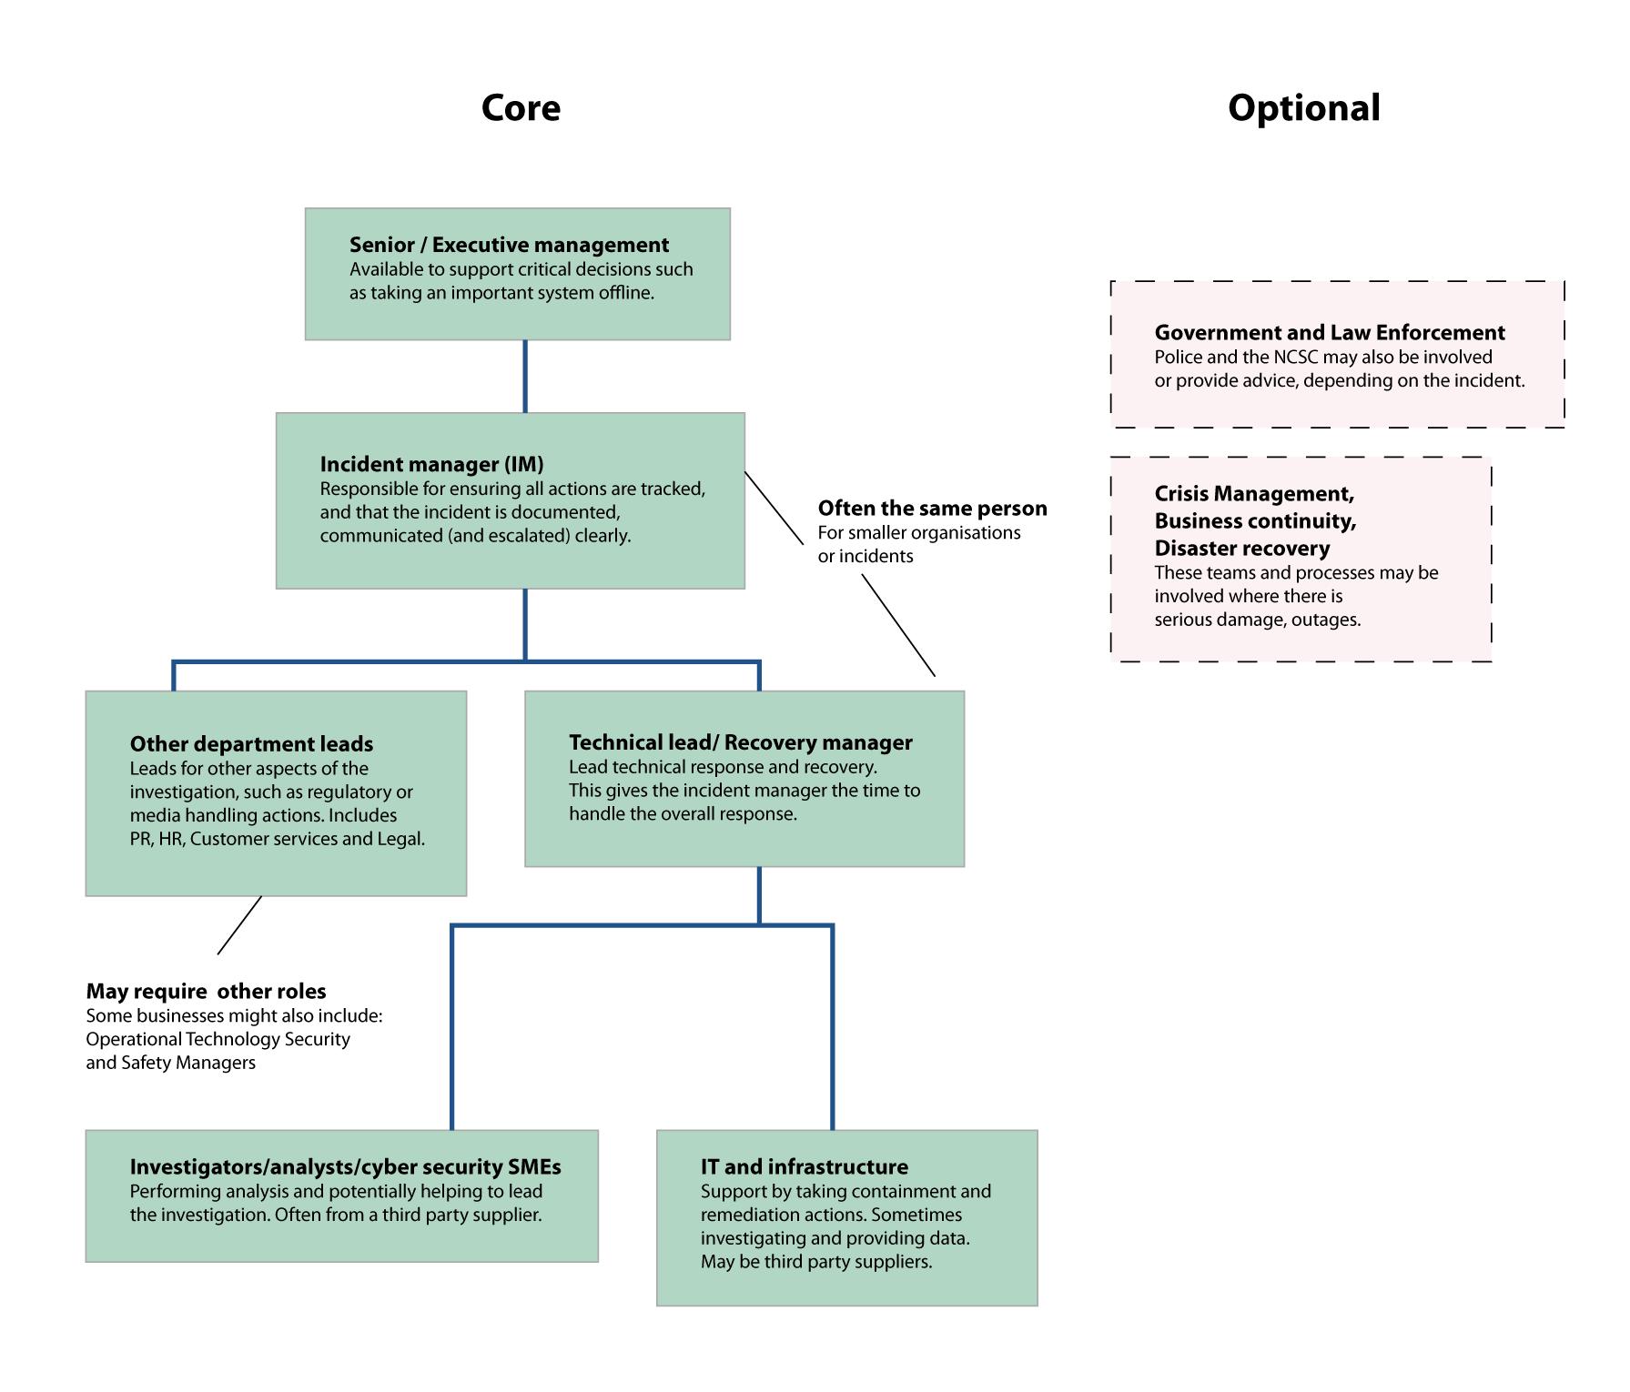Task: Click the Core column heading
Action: [521, 107]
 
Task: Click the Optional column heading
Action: [1303, 108]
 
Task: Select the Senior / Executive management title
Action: [509, 245]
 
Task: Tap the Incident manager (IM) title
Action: [431, 464]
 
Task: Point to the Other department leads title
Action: [251, 744]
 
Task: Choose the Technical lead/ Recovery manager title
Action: [741, 742]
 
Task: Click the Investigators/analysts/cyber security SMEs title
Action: [346, 1167]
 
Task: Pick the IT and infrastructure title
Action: [805, 1167]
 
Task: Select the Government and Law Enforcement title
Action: [1330, 333]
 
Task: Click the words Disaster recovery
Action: [1242, 549]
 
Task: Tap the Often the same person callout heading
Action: [933, 508]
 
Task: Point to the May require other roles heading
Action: [206, 992]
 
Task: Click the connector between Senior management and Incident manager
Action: [525, 377]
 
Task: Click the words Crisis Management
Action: [1254, 494]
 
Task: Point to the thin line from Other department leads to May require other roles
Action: [239, 925]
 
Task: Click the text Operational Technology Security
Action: [218, 1039]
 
